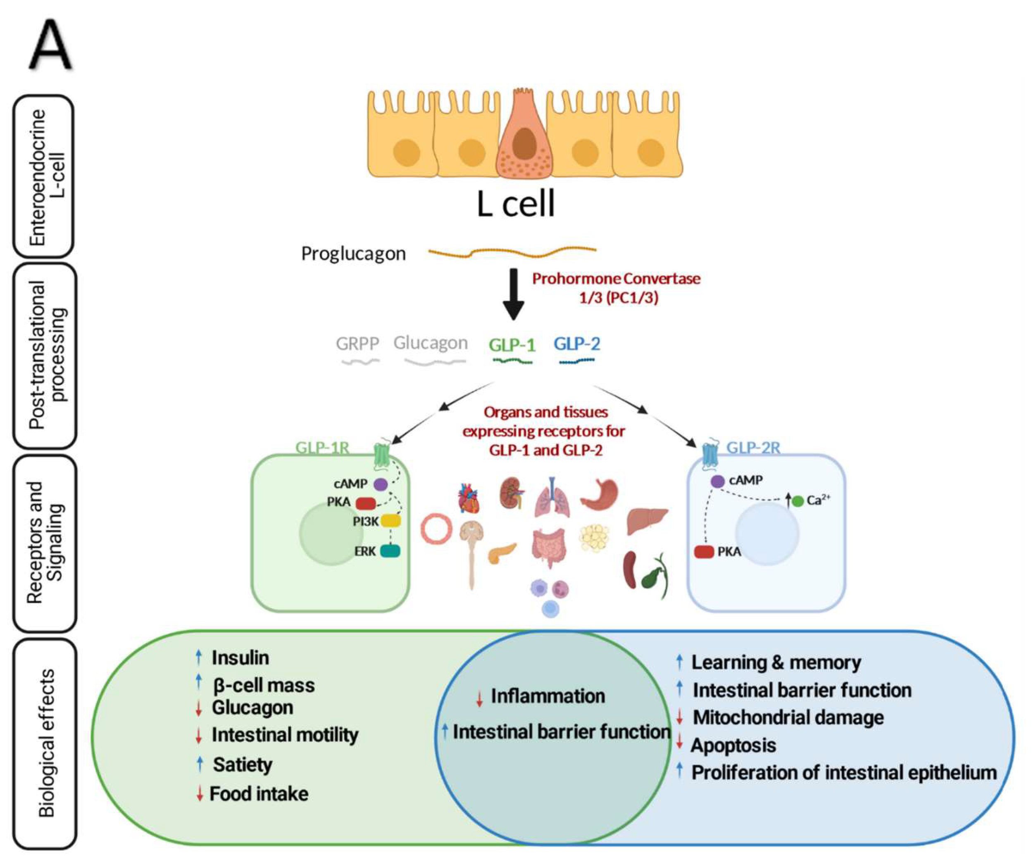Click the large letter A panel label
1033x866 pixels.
click(x=51, y=45)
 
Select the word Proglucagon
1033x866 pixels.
click(x=353, y=254)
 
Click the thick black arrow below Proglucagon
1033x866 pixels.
click(x=514, y=294)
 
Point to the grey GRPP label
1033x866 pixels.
click(x=357, y=343)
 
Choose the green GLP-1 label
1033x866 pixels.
click(x=512, y=345)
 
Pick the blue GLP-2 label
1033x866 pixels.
click(x=576, y=343)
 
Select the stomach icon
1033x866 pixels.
click(x=599, y=494)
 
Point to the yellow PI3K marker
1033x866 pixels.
click(x=390, y=521)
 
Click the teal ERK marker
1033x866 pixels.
click(x=390, y=551)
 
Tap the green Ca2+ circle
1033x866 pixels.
click(x=798, y=501)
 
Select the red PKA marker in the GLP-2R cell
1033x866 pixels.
click(x=704, y=552)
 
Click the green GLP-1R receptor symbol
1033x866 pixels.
click(x=382, y=454)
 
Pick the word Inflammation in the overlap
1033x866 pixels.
click(x=547, y=696)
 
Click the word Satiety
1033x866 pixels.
click(x=243, y=764)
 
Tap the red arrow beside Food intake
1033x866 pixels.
click(x=199, y=794)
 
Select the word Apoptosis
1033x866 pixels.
click(x=733, y=745)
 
